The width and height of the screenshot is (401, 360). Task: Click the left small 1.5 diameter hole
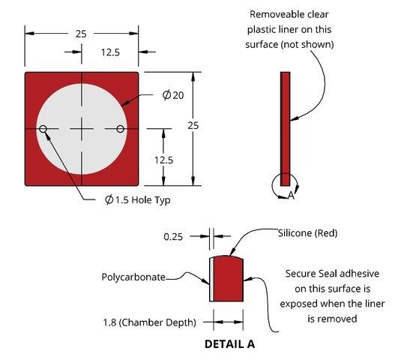pyautogui.click(x=43, y=129)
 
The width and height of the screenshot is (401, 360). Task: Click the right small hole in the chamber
pyautogui.click(x=121, y=129)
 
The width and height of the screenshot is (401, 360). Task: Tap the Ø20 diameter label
pyautogui.click(x=173, y=95)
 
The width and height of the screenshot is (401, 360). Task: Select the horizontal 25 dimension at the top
pyautogui.click(x=81, y=34)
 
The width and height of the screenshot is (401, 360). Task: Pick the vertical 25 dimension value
pyautogui.click(x=193, y=126)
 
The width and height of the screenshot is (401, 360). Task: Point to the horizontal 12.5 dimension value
pyautogui.click(x=110, y=52)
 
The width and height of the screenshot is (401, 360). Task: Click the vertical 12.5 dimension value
pyautogui.click(x=163, y=160)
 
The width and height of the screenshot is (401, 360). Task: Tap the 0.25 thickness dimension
pyautogui.click(x=173, y=237)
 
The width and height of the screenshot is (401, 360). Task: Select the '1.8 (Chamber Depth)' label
pyautogui.click(x=150, y=322)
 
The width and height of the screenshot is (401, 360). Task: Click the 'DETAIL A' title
pyautogui.click(x=229, y=344)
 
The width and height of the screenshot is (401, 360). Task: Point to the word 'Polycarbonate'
pyautogui.click(x=133, y=277)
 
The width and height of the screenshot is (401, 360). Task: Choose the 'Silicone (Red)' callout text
pyautogui.click(x=307, y=233)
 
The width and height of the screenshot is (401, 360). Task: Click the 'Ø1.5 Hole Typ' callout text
pyautogui.click(x=138, y=199)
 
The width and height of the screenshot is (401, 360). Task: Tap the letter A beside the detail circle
pyautogui.click(x=291, y=196)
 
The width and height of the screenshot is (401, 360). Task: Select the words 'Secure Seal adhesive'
pyautogui.click(x=332, y=274)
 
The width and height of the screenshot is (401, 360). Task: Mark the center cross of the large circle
pyautogui.click(x=82, y=129)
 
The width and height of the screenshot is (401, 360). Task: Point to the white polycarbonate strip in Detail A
pyautogui.click(x=211, y=280)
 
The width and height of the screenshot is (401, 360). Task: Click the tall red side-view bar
pyautogui.click(x=285, y=129)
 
